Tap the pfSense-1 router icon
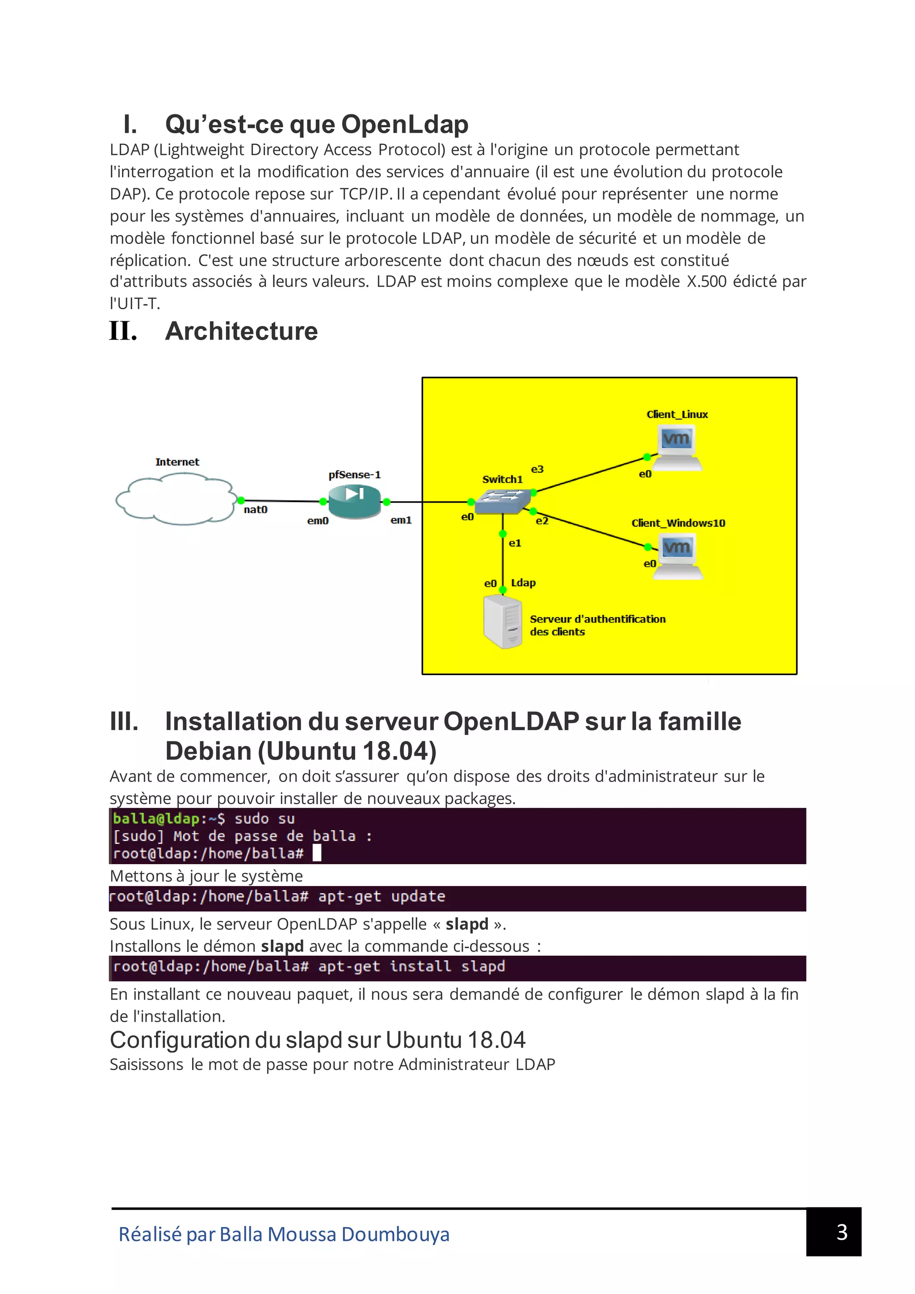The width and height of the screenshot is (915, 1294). click(x=354, y=500)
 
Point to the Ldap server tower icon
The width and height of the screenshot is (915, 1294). click(x=503, y=622)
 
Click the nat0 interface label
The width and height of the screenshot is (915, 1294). click(x=255, y=510)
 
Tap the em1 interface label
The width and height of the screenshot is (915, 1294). click(x=401, y=520)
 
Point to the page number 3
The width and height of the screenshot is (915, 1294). click(x=842, y=1232)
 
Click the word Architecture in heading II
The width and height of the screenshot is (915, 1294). click(x=241, y=332)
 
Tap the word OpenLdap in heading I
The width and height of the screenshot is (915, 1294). click(x=404, y=125)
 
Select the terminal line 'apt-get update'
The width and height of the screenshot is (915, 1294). click(x=382, y=897)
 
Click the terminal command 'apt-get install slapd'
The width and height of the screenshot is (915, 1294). click(x=411, y=966)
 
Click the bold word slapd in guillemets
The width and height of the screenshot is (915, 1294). click(x=466, y=924)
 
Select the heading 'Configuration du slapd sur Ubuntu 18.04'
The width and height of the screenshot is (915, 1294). click(x=317, y=1040)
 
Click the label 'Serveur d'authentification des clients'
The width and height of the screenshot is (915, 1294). click(x=597, y=626)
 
